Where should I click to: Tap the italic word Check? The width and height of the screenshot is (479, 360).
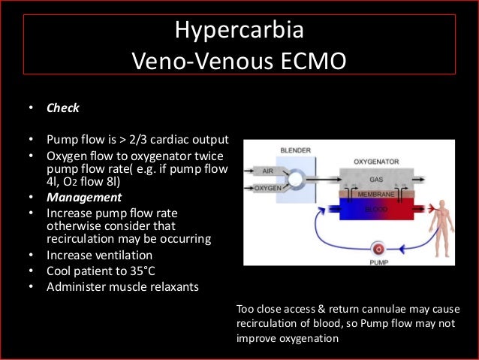[x=63, y=107]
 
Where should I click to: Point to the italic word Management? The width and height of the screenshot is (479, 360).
[x=84, y=198]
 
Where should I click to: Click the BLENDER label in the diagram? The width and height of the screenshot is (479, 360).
[x=294, y=150]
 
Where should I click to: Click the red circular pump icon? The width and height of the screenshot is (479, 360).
[x=380, y=248]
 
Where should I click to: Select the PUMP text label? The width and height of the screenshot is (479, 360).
[x=380, y=261]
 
